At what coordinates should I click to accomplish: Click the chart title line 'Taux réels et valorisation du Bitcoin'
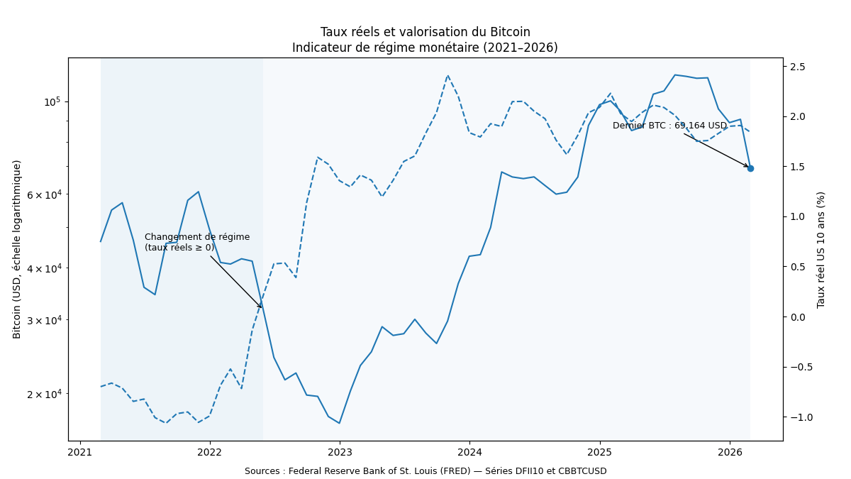click(x=425, y=33)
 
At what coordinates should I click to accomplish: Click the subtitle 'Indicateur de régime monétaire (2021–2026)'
click(x=425, y=48)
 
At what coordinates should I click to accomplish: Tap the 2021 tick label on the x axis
click(x=79, y=452)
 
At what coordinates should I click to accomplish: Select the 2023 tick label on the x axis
click(x=340, y=452)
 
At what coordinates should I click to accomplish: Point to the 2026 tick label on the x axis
click(x=730, y=452)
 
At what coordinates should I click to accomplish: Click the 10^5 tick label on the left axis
click(x=52, y=102)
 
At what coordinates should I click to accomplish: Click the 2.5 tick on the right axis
click(x=798, y=67)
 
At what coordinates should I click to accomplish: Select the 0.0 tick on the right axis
click(x=798, y=317)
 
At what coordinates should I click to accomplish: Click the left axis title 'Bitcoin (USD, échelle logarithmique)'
click(x=17, y=249)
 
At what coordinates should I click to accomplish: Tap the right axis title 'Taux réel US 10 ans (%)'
click(x=821, y=249)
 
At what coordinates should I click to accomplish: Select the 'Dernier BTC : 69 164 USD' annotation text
click(x=669, y=126)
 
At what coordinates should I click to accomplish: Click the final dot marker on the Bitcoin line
click(x=750, y=168)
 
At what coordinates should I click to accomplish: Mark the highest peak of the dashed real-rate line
click(x=447, y=75)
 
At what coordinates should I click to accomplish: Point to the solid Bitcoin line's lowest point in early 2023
click(x=340, y=423)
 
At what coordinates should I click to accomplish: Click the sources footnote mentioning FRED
click(x=425, y=471)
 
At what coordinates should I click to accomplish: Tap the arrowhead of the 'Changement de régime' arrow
click(x=262, y=307)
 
